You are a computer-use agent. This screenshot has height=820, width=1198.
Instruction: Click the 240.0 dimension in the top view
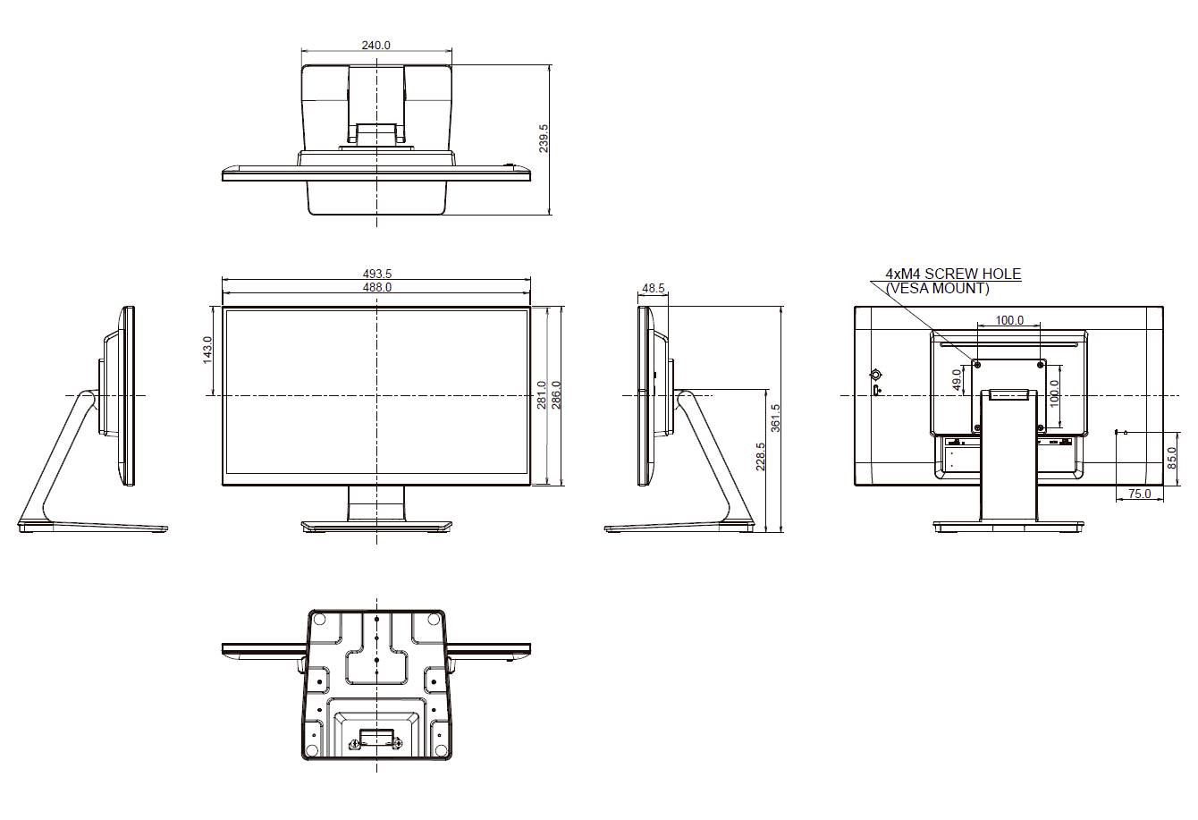pos(375,45)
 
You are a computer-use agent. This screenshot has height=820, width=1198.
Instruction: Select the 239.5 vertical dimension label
pos(544,139)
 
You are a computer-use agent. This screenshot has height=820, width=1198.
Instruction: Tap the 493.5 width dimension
pos(376,274)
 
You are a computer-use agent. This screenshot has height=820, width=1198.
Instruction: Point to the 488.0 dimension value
pos(376,287)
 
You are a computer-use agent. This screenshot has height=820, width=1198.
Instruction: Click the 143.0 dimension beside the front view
pos(207,350)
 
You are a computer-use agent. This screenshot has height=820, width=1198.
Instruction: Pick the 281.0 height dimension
pos(541,395)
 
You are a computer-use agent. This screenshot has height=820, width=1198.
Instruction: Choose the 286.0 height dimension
pos(555,395)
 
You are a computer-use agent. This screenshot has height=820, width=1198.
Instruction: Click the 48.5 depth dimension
pos(653,288)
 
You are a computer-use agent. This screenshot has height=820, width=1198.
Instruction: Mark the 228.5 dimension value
pos(760,457)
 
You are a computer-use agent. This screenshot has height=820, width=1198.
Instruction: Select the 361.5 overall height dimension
pos(776,418)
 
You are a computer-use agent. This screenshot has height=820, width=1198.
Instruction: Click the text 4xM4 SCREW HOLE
pos(952,274)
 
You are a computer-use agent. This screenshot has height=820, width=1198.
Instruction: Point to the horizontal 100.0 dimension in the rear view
pos(1009,320)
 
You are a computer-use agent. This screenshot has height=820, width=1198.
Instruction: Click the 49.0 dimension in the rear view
pos(957,380)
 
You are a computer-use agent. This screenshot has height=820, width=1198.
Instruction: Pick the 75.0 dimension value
pos(1139,494)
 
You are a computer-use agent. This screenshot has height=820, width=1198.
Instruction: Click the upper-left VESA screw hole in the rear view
pos(976,364)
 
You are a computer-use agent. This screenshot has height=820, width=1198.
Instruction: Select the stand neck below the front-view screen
pos(375,504)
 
